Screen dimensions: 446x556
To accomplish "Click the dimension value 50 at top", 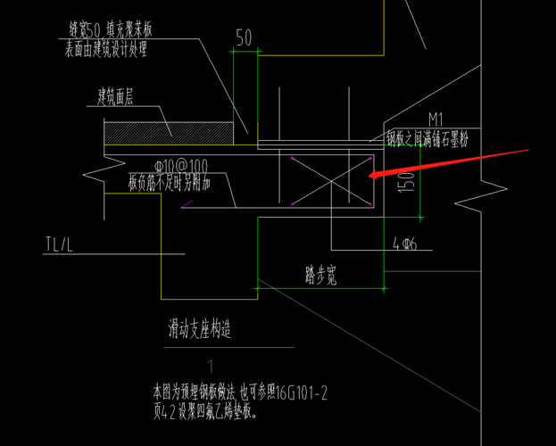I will [x=244, y=37].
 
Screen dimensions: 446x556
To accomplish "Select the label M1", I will [x=436, y=119].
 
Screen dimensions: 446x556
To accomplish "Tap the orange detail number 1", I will [x=211, y=366].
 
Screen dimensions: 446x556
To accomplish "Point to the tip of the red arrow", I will [x=369, y=178].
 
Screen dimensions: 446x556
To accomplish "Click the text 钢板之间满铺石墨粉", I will [x=427, y=139].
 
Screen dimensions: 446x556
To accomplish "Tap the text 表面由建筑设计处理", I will [x=105, y=50].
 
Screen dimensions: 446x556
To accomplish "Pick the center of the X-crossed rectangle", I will [x=329, y=180].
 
